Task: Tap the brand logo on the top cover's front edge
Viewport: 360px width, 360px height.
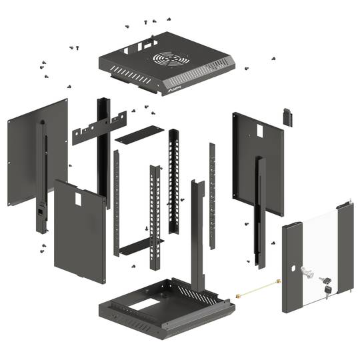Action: click(x=175, y=85)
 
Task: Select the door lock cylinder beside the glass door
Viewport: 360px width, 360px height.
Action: click(x=308, y=272)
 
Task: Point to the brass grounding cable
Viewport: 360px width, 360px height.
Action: click(x=257, y=288)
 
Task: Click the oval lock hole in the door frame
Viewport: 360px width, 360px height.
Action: click(x=293, y=269)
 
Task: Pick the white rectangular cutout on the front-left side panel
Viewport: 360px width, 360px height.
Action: click(x=77, y=199)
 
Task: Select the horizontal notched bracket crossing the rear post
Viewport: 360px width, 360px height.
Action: click(x=99, y=129)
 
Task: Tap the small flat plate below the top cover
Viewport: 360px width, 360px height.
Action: click(x=139, y=133)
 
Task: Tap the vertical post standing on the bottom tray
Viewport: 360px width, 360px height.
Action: click(x=197, y=233)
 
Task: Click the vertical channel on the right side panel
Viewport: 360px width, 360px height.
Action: click(x=260, y=207)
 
